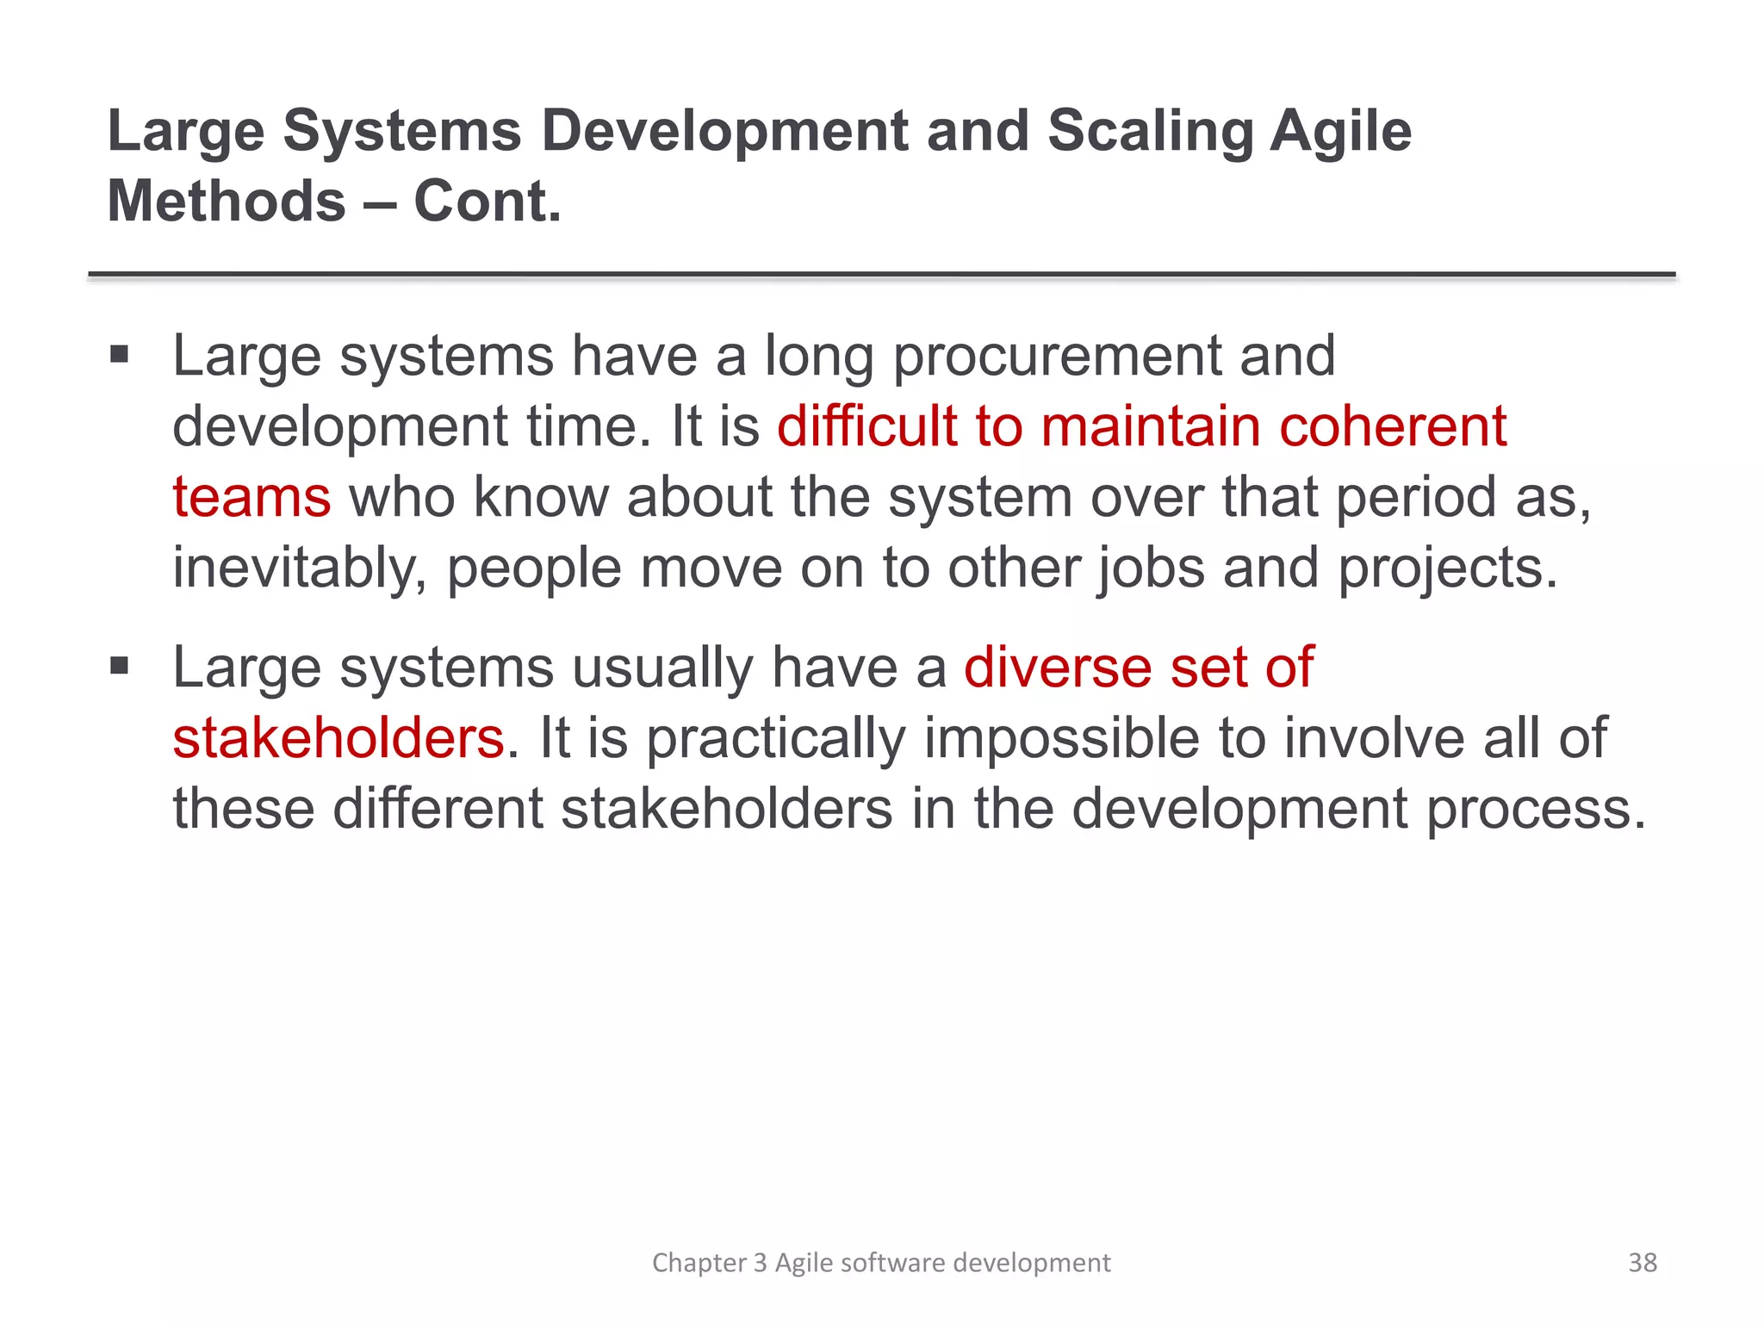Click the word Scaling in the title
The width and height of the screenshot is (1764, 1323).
[x=1149, y=132]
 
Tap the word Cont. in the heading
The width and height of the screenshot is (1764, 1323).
[x=488, y=202]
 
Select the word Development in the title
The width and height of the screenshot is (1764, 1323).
[x=724, y=132]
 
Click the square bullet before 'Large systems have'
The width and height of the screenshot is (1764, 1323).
[x=119, y=354]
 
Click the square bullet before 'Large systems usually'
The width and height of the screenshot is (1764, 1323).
[x=119, y=666]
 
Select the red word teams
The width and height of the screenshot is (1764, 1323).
[x=252, y=498]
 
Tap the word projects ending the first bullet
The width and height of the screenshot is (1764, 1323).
[x=1447, y=570]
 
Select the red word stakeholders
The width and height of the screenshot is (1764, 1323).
[x=338, y=739]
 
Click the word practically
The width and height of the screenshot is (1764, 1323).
[x=775, y=739]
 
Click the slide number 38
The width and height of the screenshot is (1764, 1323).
[x=1642, y=1263]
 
